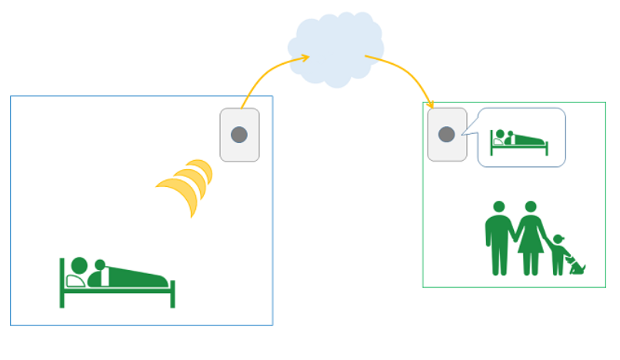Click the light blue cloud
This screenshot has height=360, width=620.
point(335,48)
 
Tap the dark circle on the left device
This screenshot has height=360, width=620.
point(239,135)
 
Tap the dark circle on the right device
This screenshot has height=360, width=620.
point(446,135)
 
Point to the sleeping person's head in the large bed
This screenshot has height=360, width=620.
point(79,265)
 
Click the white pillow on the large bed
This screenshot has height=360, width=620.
point(75,281)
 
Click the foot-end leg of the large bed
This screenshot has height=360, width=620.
point(172,295)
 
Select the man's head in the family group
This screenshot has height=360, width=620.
point(498,207)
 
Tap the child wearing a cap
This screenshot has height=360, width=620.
point(558,254)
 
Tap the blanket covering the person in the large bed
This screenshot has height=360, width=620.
point(138,278)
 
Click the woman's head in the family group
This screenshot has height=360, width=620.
point(530,207)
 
